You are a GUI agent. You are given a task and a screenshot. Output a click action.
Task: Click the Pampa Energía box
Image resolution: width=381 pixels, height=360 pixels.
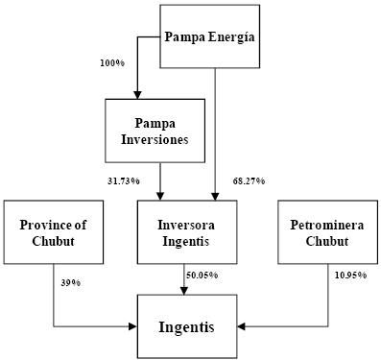coord(209,36)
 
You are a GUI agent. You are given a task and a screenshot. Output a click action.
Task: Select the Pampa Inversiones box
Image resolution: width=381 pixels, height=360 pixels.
coord(155,131)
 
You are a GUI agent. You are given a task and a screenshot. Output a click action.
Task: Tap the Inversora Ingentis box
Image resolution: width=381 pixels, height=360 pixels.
coord(187,232)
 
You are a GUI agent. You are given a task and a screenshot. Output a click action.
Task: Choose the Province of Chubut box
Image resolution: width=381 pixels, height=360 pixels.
coord(54,232)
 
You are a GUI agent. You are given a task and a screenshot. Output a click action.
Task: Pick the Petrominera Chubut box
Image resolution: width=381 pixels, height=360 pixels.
coord(327,232)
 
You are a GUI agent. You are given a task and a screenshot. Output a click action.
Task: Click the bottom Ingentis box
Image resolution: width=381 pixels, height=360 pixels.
coord(187,326)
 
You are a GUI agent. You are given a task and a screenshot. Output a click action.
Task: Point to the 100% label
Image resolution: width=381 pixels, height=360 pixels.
coord(112,62)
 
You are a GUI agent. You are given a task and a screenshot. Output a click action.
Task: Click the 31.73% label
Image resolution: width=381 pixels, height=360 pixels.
coord(123,181)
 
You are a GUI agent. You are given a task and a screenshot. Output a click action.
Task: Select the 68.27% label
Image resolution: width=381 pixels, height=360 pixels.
coord(249,181)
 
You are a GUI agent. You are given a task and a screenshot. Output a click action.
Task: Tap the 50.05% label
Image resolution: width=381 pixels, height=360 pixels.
coord(202,275)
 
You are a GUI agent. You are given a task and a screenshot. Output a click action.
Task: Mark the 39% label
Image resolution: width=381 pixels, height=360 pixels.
coord(70,283)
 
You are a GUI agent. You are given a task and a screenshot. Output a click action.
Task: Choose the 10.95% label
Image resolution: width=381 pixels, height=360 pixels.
coord(350,275)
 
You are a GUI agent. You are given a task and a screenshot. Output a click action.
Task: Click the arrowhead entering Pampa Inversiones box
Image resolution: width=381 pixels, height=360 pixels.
coord(137,95)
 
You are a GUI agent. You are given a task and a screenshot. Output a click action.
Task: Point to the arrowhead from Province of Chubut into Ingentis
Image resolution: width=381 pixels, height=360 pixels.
coord(133,326)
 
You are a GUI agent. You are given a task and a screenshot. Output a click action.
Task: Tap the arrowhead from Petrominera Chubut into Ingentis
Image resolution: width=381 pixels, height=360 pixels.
coord(242,326)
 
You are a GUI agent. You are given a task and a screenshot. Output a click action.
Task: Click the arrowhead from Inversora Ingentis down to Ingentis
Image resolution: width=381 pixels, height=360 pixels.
coord(184,291)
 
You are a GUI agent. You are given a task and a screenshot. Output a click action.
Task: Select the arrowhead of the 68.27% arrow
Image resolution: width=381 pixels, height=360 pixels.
coord(215,197)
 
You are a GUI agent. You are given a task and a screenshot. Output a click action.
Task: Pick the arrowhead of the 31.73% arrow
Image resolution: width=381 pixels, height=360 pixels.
coord(160,197)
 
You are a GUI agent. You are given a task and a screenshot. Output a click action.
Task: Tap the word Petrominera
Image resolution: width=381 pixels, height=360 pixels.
coord(327,225)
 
